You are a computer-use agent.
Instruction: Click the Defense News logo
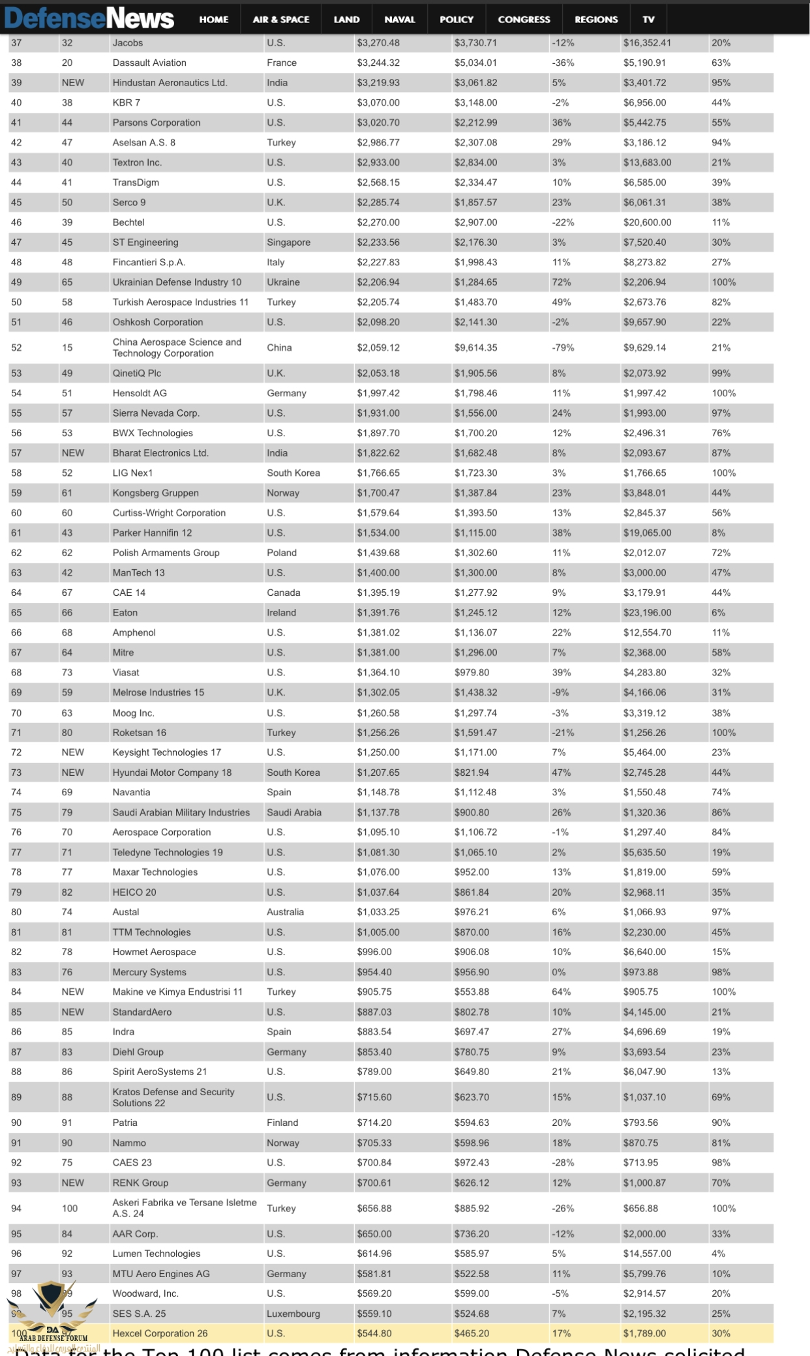pos(89,18)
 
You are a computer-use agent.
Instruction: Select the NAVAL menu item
pos(399,20)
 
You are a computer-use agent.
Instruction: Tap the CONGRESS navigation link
pos(524,20)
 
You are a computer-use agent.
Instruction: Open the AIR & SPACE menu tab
pos(281,20)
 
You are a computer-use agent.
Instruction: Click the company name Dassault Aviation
pos(149,63)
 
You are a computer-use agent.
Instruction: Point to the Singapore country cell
pos(288,243)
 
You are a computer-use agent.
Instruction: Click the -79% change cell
pos(563,348)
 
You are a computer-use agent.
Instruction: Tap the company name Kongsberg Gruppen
pos(155,494)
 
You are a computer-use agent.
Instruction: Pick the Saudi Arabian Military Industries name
pos(181,813)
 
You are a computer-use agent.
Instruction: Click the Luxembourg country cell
pos(293,1314)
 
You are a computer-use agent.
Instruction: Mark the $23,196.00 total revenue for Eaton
pos(647,613)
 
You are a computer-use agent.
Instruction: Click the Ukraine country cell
pos(283,282)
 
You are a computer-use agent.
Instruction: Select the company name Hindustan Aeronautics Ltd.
pos(170,83)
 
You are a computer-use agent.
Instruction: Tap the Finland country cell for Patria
pos(282,1123)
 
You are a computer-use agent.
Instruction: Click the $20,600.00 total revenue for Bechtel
pos(647,222)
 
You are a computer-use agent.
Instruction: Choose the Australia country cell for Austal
pos(285,912)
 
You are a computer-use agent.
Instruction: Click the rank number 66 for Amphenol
pos(16,633)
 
